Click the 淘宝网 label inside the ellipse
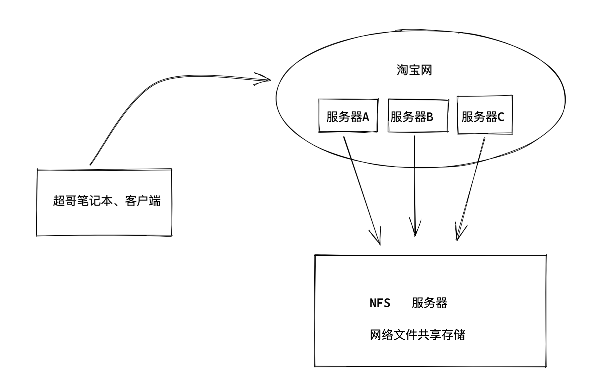[414, 70]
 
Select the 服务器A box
[348, 115]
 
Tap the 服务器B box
[418, 115]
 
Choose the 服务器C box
[485, 114]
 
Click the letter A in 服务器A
[366, 117]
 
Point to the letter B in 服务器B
[430, 117]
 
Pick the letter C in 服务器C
[501, 117]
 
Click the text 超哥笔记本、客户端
[107, 201]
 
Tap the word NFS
[380, 303]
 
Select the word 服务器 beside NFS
[429, 303]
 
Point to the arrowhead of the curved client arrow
[269, 80]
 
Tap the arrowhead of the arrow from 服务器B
[415, 235]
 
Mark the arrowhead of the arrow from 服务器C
[457, 239]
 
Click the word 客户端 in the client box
[143, 201]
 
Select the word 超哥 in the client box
[65, 201]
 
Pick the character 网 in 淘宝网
[426, 70]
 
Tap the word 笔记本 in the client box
[95, 201]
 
